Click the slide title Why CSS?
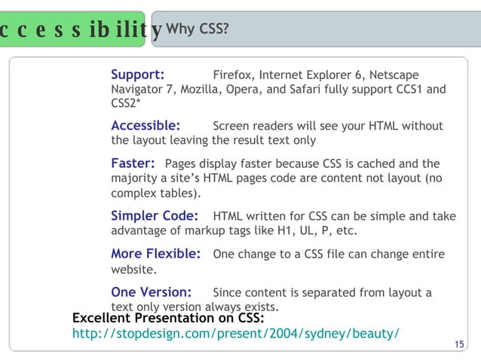198,29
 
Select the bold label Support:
138,75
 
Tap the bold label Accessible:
146,126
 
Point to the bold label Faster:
133,163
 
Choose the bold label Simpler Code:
155,216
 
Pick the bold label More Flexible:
155,254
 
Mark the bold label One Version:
151,292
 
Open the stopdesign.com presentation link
234,333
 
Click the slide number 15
460,345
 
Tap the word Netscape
393,75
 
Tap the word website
133,269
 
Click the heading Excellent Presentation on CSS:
167,319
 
